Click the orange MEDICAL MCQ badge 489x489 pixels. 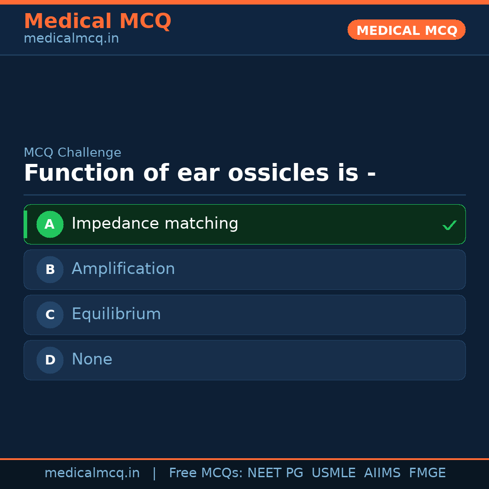tap(406, 30)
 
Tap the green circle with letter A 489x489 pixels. tap(50, 224)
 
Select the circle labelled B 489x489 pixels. tap(50, 269)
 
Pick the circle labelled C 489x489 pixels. tap(50, 315)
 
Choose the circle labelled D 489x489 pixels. tap(50, 360)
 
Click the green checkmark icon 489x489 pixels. tap(449, 225)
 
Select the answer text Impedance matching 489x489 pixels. tap(155, 224)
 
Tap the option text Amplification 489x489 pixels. tap(123, 269)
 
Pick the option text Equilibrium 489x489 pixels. tap(116, 314)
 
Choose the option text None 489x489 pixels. tap(92, 360)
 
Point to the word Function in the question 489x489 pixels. tap(79, 173)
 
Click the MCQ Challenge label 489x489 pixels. tap(72, 153)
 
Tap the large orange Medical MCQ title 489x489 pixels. tap(97, 21)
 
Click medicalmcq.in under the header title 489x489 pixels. tap(71, 38)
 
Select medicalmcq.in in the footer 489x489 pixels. tap(92, 473)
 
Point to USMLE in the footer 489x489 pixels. tap(333, 473)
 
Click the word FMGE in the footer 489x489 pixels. tap(427, 473)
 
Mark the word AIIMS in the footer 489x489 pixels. tap(382, 473)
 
